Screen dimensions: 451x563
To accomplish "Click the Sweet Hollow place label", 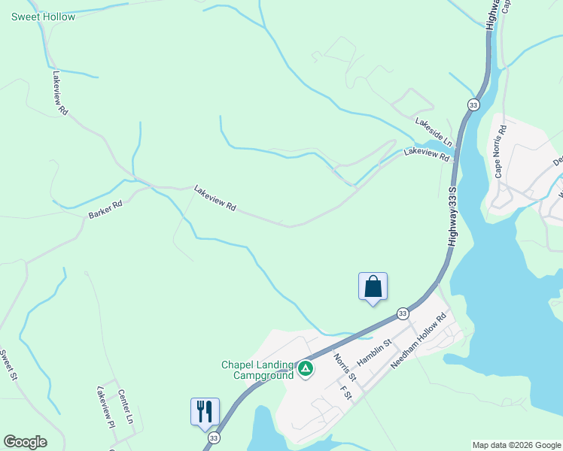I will pos(43,17).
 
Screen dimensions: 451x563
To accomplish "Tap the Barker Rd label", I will pos(105,210).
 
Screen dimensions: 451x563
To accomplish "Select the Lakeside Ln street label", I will pos(434,132).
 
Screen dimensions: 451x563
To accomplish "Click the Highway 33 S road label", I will pos(452,216).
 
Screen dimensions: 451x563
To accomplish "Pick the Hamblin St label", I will pos(375,353).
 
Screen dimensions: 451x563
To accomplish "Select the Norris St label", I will pos(344,366).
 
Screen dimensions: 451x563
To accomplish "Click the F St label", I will pos(346,394).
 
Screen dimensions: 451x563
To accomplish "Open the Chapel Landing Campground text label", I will pos(257,370).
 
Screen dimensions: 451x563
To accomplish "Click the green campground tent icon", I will pos(306,368).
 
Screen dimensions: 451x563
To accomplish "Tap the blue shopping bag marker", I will pos(373,286).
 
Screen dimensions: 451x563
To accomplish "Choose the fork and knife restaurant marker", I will pos(205,411).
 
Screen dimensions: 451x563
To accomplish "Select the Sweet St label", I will pos(8,365).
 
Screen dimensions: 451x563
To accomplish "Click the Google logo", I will pos(25,442).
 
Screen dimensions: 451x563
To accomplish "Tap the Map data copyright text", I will pos(516,445).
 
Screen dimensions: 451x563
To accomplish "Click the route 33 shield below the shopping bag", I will pos(403,313).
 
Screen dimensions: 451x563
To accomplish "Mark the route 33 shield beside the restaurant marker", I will pos(215,437).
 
